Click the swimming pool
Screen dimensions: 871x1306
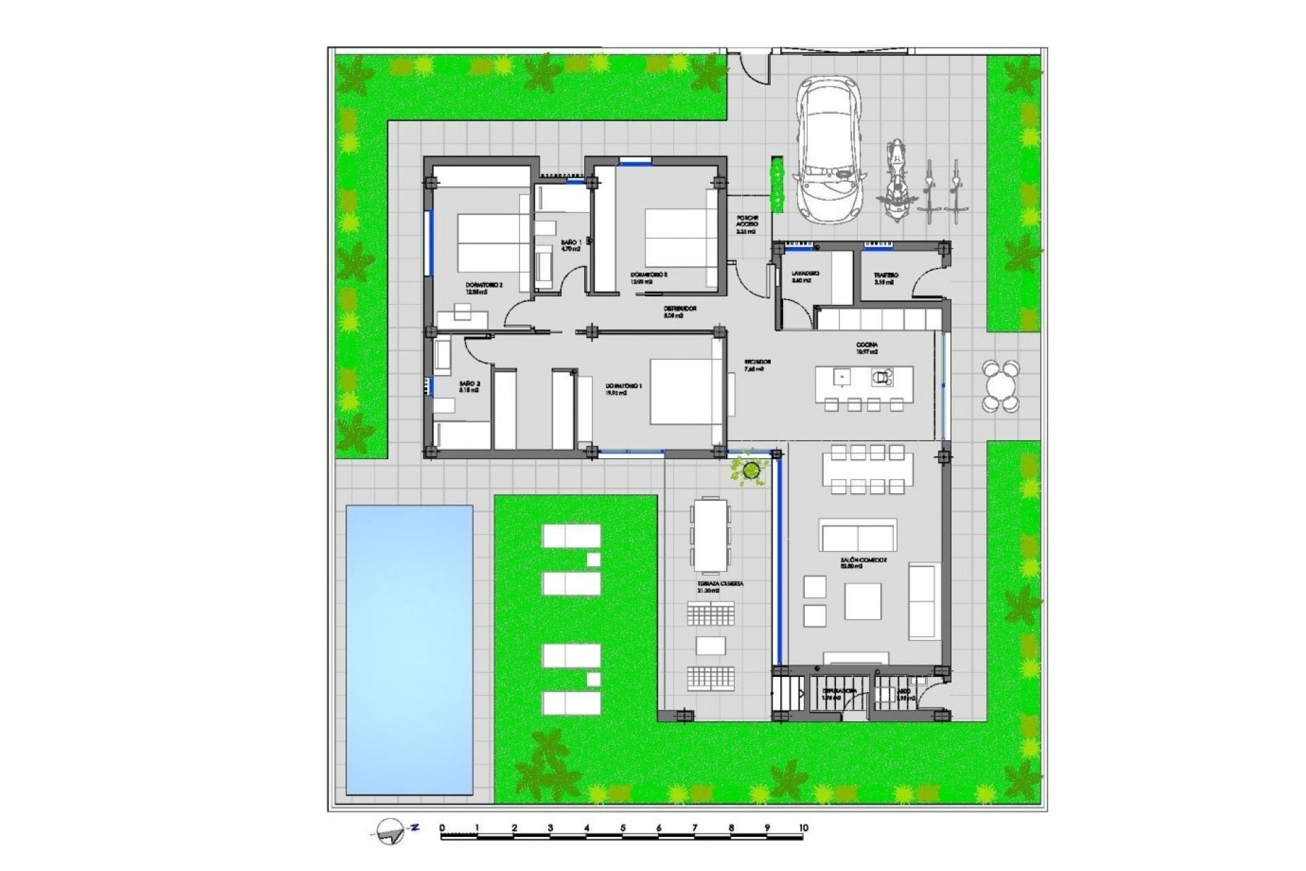[x=409, y=649]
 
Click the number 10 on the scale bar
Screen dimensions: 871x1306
[x=803, y=828]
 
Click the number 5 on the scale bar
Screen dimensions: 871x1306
[x=622, y=828]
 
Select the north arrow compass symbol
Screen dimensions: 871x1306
[x=392, y=831]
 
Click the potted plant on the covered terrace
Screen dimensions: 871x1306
[x=751, y=469]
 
